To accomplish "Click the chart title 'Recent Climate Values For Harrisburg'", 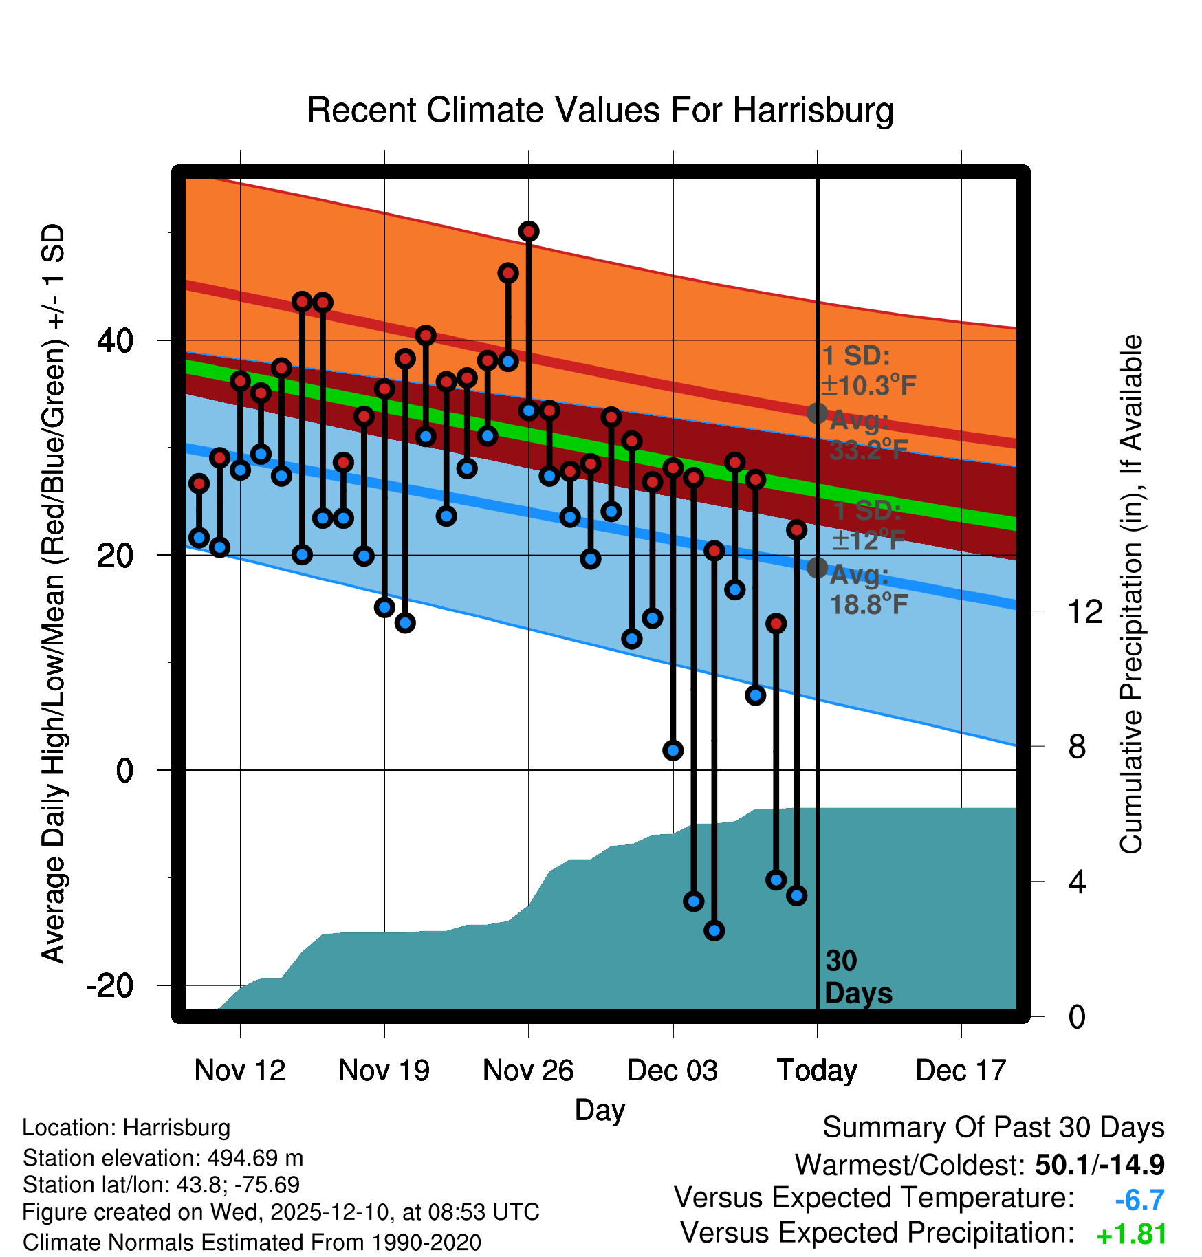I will click(x=600, y=110).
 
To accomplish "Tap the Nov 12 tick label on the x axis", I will click(x=239, y=1070).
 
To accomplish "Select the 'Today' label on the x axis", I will click(x=817, y=1070).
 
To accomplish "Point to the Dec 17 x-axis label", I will click(x=961, y=1070).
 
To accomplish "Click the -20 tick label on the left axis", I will click(x=110, y=985).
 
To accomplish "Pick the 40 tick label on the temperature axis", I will click(x=116, y=340).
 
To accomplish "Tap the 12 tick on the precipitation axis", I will click(x=1085, y=611).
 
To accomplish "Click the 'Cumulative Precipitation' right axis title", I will click(x=1132, y=594).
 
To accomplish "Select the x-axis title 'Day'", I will click(x=600, y=1110).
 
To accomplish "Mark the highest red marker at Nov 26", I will click(x=528, y=232).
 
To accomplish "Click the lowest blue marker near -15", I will click(x=714, y=931).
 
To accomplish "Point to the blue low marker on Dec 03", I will click(x=673, y=750).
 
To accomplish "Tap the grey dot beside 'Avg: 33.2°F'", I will click(x=817, y=413).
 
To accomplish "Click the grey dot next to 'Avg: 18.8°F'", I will click(x=817, y=567).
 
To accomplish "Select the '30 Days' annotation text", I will click(x=857, y=977).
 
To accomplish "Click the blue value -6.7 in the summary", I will click(x=1139, y=1200).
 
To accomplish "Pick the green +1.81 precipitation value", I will click(x=1131, y=1235).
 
